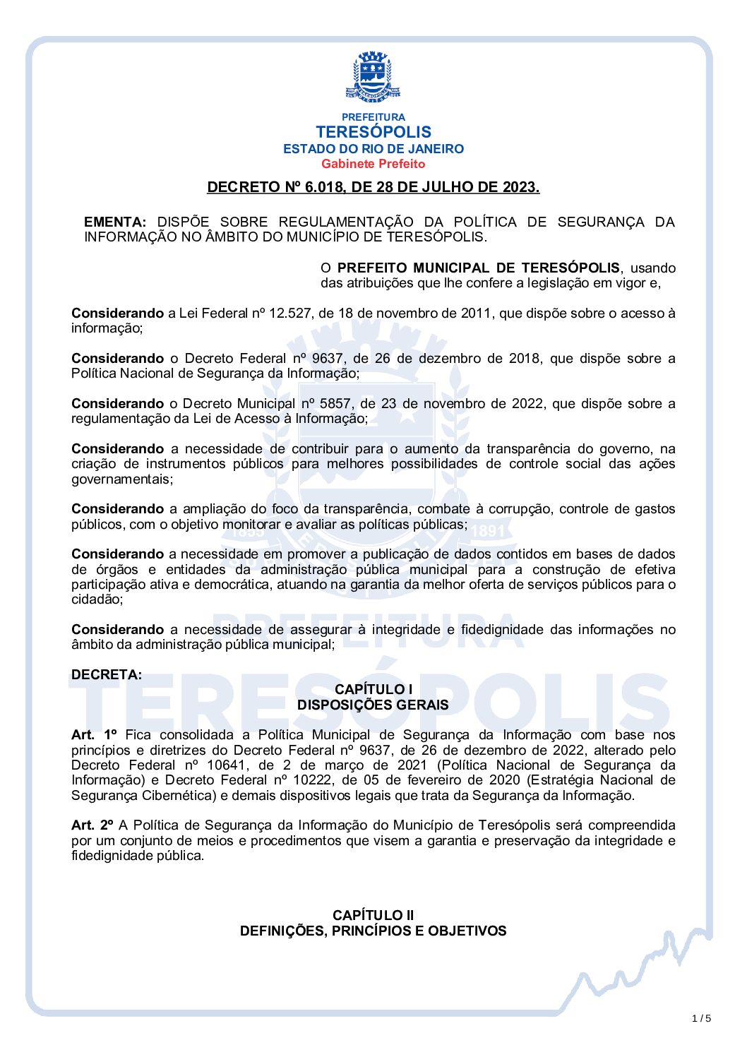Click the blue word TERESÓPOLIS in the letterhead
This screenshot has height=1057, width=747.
click(373, 132)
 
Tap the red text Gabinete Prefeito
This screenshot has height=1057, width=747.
click(373, 164)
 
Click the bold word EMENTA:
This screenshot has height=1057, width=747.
click(115, 222)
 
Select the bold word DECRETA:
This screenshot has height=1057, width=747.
click(107, 674)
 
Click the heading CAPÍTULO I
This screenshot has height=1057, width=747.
click(373, 690)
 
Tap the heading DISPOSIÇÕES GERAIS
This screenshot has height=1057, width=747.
click(373, 705)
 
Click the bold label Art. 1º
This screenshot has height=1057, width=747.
click(94, 735)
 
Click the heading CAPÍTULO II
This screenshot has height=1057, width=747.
click(373, 916)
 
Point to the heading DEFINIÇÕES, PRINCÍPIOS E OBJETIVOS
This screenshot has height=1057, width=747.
click(373, 931)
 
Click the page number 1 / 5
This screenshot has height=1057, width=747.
click(701, 1018)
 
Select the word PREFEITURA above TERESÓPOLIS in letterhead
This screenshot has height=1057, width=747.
click(373, 117)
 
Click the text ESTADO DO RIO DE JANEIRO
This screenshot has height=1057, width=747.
click(373, 149)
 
